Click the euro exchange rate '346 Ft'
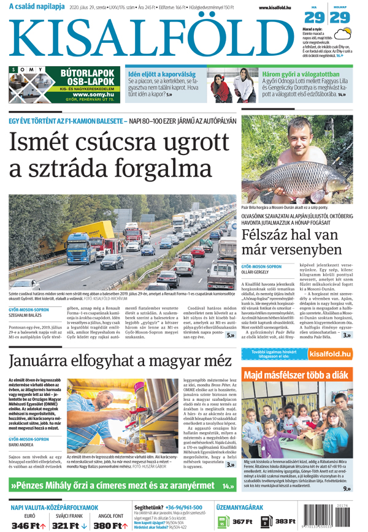[x=29, y=525]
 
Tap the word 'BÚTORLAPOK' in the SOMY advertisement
[x=87, y=73]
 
